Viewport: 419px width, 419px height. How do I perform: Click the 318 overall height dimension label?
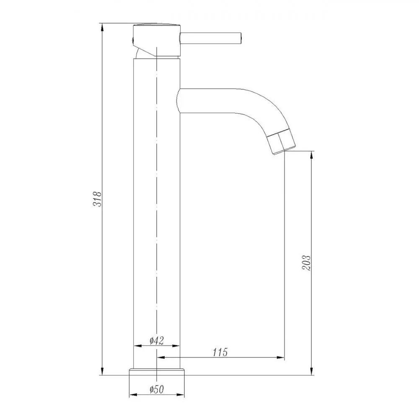pyautogui.click(x=97, y=199)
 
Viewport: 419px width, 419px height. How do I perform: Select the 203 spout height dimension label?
pyautogui.click(x=307, y=263)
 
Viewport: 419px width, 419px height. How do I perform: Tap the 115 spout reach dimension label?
pyautogui.click(x=220, y=352)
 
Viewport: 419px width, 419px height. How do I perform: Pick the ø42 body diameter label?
pyautogui.click(x=156, y=340)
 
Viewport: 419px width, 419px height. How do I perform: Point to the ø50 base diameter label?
pyautogui.click(x=157, y=389)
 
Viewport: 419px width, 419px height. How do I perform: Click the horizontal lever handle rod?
pyautogui.click(x=211, y=38)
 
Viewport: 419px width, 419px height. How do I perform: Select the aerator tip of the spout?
pyautogui.click(x=282, y=141)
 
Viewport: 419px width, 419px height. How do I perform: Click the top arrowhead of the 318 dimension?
pyautogui.click(x=102, y=27)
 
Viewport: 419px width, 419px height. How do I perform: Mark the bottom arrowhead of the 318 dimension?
pyautogui.click(x=102, y=371)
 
